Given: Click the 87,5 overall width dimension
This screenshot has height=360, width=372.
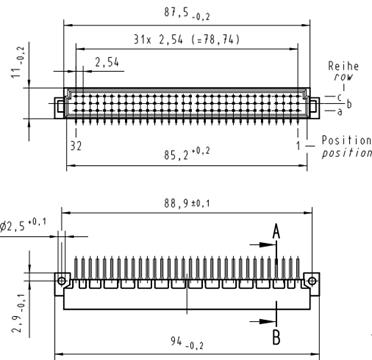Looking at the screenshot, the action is click(x=187, y=13).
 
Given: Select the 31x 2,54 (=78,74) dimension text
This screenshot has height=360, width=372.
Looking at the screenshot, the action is click(x=187, y=40).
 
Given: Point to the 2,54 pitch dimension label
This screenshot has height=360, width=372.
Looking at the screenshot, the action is click(x=107, y=62).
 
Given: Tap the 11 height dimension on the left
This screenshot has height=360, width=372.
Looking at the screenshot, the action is click(x=19, y=62).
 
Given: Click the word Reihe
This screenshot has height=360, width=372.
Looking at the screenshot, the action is click(x=343, y=66).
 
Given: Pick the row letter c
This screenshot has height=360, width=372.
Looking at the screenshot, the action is click(x=339, y=97).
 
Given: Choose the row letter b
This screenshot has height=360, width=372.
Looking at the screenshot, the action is click(x=349, y=104).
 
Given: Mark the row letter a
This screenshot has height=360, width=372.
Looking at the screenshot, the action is click(x=339, y=112).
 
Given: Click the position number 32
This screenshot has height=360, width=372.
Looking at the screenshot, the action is click(x=76, y=146).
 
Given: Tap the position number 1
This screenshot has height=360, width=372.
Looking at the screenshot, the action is click(x=299, y=146).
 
